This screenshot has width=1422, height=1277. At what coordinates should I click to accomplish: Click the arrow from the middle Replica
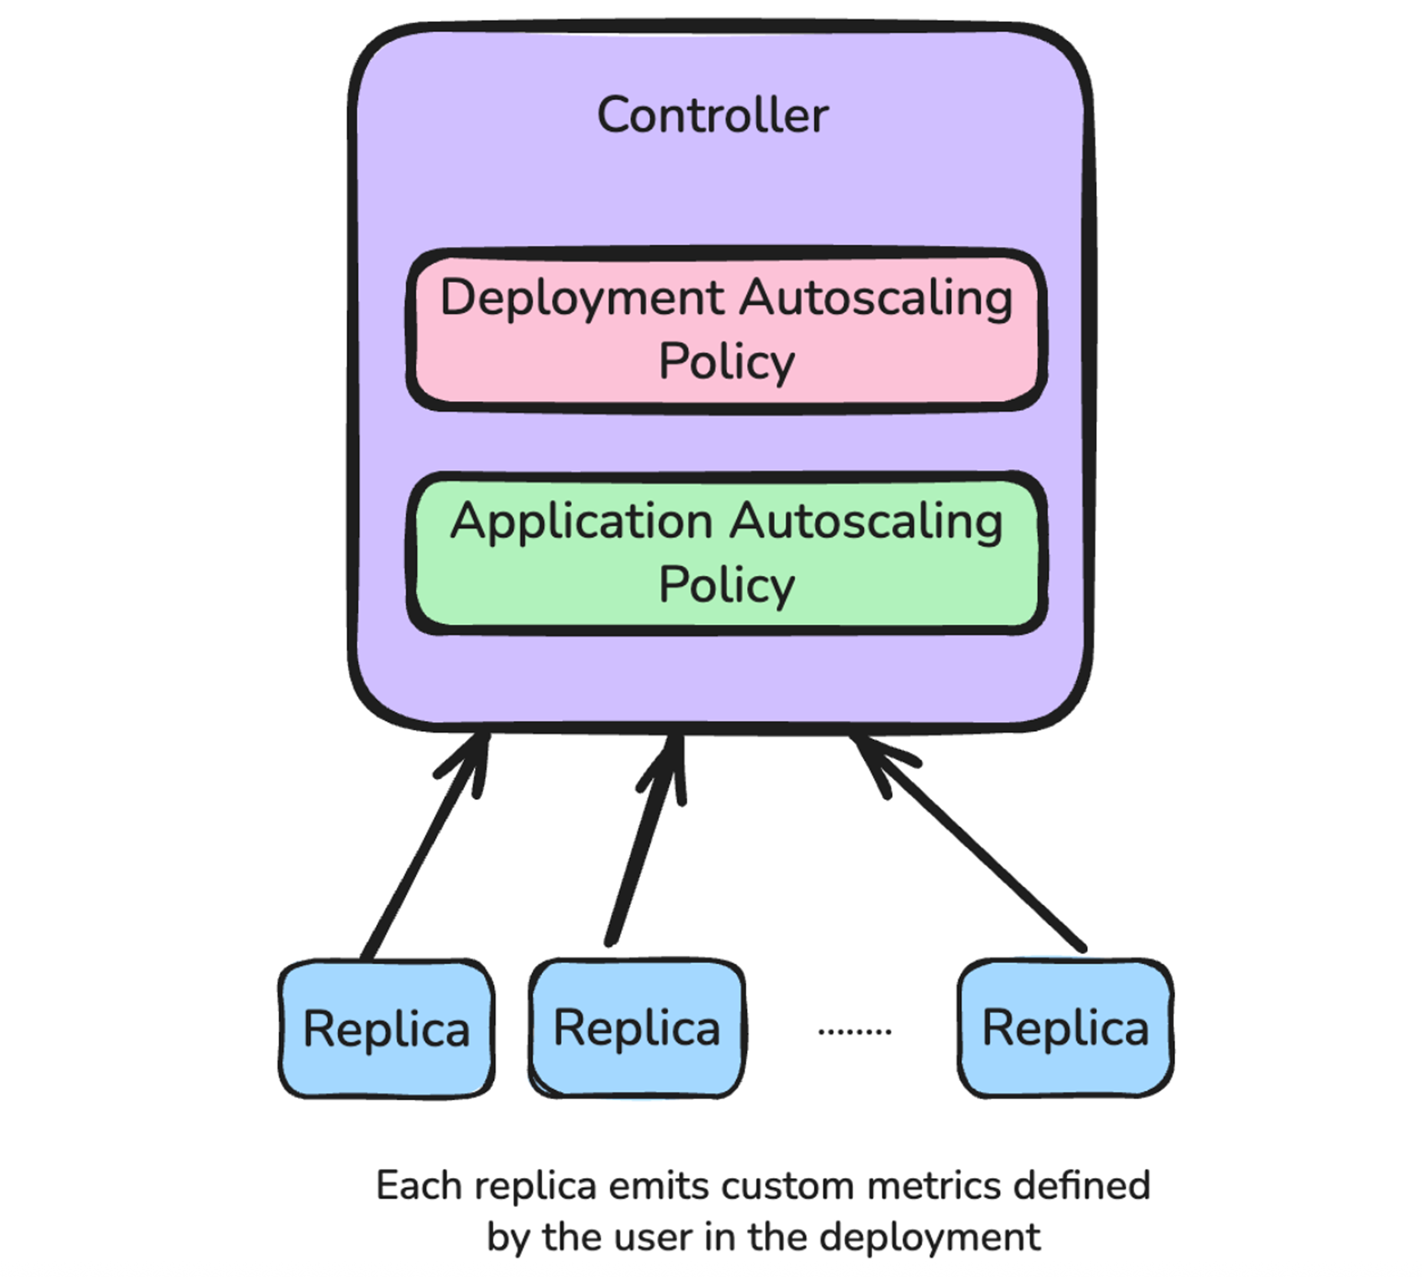pos(642,842)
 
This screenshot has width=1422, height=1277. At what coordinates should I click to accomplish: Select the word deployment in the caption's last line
pos(929,1237)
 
